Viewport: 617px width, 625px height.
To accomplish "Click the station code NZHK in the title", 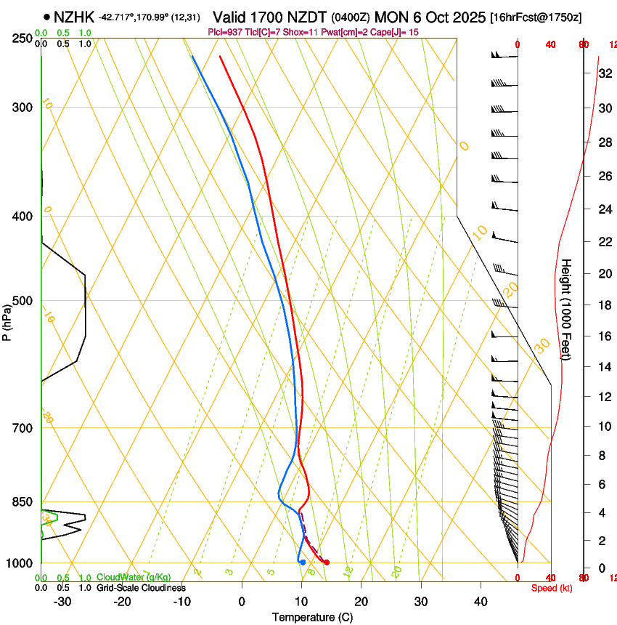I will [x=74, y=16].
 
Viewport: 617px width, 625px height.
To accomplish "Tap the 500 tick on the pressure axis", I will [x=24, y=301].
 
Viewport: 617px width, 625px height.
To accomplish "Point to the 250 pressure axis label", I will [x=24, y=38].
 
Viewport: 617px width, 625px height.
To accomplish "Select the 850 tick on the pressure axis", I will [x=24, y=501].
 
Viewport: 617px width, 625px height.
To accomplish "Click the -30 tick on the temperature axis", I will [x=62, y=602].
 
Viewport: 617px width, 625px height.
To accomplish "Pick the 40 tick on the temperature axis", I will [x=480, y=602].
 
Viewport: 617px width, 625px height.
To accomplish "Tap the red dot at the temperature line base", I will [x=327, y=562].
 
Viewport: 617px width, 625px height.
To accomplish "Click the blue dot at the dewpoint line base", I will [x=303, y=562].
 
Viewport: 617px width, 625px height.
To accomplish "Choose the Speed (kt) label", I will [x=549, y=588].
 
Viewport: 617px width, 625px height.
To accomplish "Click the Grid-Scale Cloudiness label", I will [x=139, y=588].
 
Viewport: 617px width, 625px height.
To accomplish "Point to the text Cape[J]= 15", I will [x=396, y=32].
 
